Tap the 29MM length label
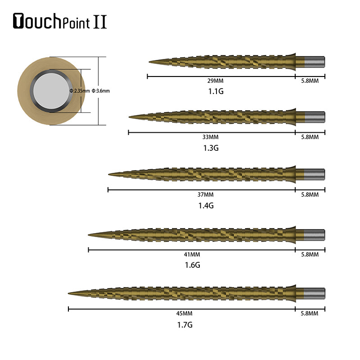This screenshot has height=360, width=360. tap(215, 81)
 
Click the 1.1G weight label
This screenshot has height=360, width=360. tap(215, 91)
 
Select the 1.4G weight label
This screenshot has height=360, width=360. tap(205, 205)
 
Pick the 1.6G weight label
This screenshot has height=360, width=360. tap(192, 265)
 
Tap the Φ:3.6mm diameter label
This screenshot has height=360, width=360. tap(101, 91)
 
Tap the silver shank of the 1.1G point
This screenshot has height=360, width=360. tap(315, 61)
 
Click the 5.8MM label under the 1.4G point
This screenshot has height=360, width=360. tap(310, 194)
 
